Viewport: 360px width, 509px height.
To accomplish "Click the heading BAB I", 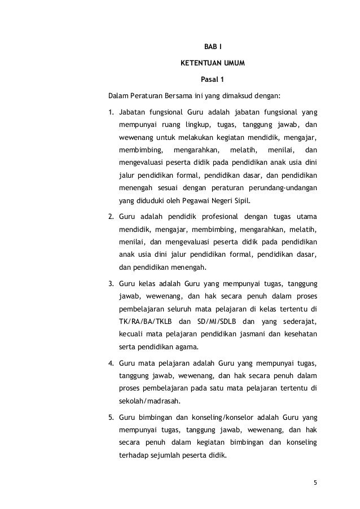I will tap(212, 46).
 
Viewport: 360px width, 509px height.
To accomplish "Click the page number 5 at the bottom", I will tap(315, 482).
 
